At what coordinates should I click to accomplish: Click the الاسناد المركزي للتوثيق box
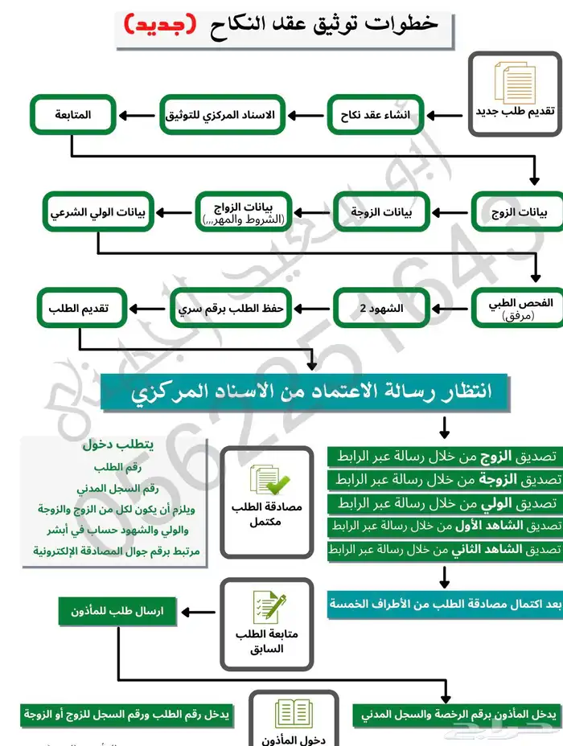220,115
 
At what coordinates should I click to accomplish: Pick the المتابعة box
73,115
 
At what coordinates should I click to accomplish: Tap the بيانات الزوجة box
383,212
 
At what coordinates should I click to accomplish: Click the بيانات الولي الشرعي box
97,212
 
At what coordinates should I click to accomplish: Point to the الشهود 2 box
383,309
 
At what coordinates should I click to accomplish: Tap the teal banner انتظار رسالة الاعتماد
306,392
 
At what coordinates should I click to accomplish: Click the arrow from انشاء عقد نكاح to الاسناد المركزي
305,115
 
